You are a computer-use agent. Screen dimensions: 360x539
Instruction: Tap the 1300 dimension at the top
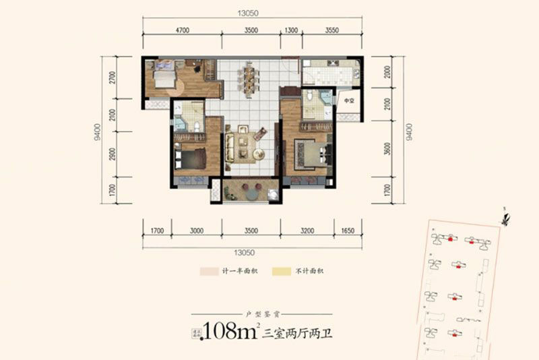[291, 30]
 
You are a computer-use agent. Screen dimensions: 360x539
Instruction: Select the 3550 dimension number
[331, 30]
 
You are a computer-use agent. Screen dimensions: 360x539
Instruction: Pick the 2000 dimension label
[387, 72]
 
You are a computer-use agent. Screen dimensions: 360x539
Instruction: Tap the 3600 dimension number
[387, 150]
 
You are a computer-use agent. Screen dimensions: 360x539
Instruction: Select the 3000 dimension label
[197, 231]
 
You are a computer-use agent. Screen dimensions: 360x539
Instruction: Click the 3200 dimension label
[307, 231]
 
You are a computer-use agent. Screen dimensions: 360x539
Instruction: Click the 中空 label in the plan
[349, 101]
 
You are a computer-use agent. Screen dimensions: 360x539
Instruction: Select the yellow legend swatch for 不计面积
[278, 271]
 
